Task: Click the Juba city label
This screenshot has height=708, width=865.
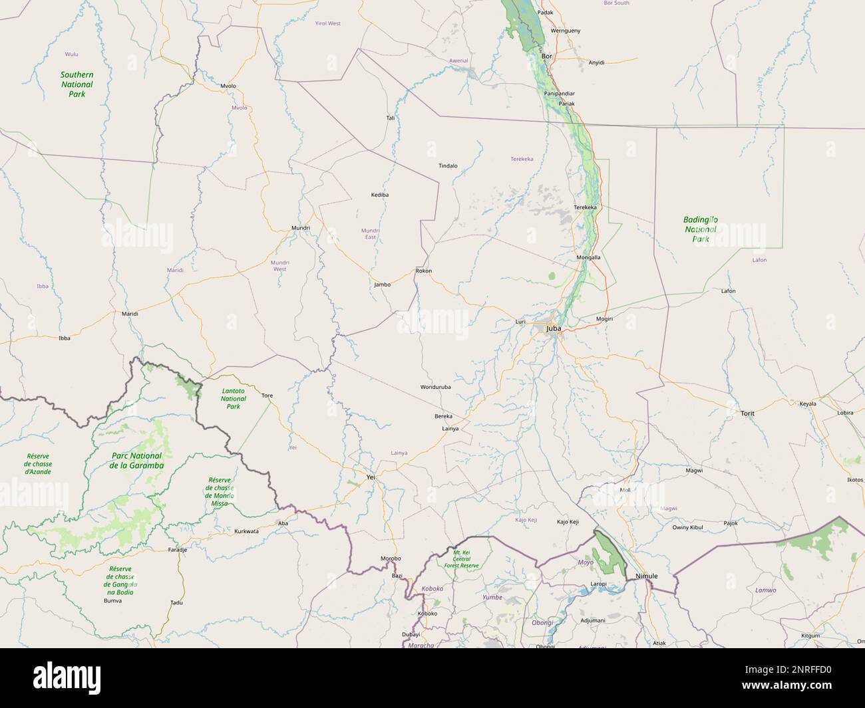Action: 553,328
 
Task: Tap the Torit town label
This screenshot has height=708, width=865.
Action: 747,413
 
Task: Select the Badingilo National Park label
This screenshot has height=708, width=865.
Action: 700,229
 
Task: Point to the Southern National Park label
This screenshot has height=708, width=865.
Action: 77,84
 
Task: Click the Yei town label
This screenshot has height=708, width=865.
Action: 371,477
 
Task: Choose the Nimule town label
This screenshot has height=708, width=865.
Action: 646,576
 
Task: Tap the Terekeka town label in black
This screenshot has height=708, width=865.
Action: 585,207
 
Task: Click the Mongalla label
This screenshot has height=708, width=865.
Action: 588,257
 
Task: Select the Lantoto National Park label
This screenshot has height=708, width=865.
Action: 233,398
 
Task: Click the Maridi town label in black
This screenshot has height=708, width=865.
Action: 130,313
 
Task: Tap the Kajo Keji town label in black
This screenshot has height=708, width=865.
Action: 569,523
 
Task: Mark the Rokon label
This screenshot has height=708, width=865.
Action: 423,271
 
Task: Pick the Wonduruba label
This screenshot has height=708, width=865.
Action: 436,387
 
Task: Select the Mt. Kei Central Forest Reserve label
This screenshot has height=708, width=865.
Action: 466,559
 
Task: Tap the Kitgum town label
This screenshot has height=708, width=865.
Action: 810,636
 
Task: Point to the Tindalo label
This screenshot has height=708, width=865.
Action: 448,166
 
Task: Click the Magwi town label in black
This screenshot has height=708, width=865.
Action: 694,470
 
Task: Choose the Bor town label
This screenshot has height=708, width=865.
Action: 548,57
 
